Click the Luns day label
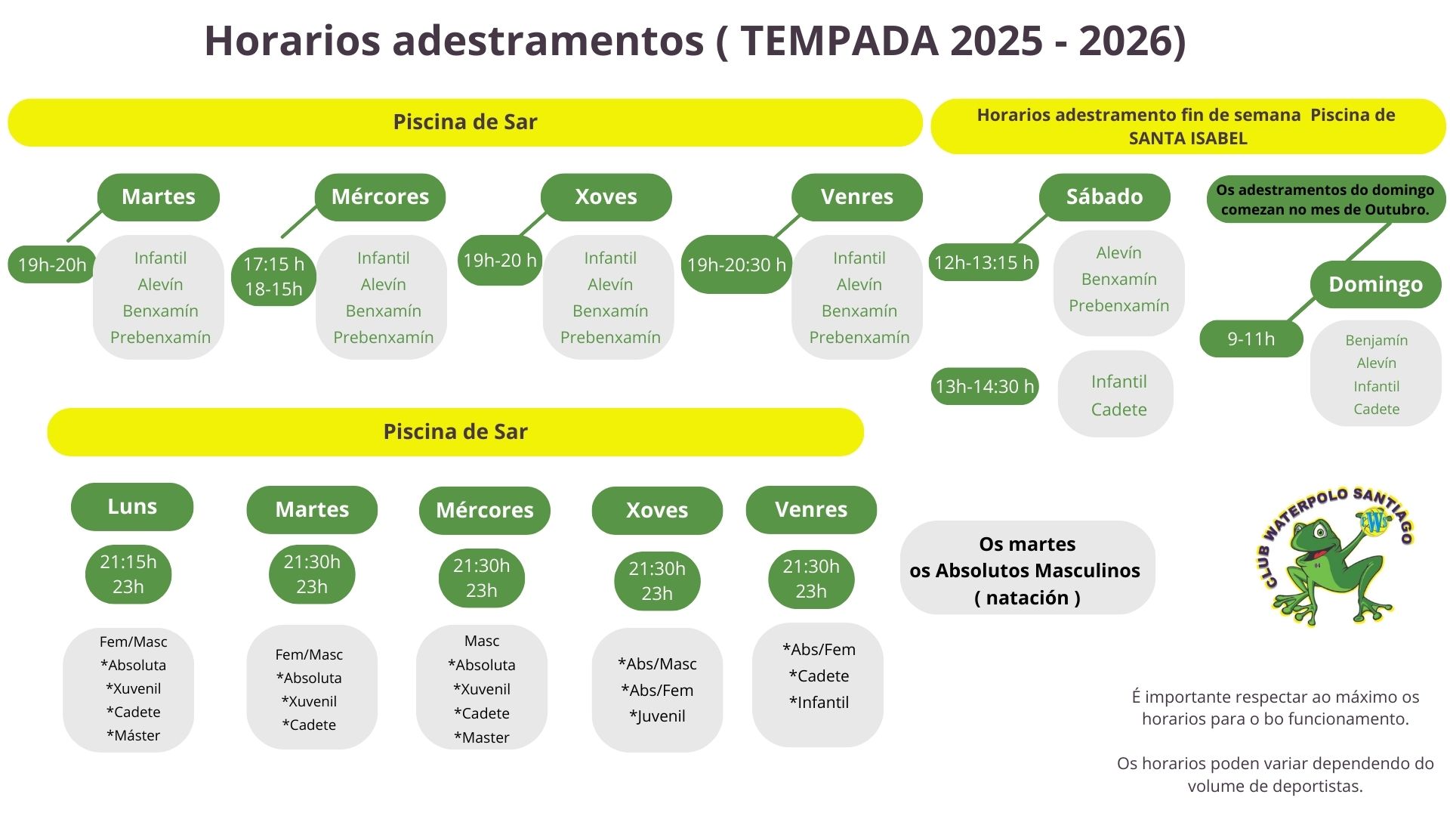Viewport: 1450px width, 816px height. click(132, 506)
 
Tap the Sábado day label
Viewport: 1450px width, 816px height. click(1104, 197)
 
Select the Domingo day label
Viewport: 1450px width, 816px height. click(1375, 284)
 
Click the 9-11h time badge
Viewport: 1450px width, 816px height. click(1251, 338)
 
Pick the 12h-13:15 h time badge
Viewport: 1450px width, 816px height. click(983, 262)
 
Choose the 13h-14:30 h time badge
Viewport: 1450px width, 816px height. click(984, 386)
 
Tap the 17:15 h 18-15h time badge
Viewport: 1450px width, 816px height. click(273, 277)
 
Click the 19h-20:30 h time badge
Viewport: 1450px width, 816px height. click(736, 264)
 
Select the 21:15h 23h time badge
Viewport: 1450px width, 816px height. click(128, 574)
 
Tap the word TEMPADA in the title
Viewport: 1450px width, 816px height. click(839, 40)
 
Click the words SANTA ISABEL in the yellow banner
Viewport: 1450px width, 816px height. click(1188, 138)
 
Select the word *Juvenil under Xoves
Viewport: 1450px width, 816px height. click(657, 716)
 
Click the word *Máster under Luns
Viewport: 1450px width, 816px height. click(133, 735)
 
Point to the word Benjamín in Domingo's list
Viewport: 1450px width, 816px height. click(1376, 341)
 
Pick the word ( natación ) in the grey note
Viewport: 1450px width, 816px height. click(1027, 598)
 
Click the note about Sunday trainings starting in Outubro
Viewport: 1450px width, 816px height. click(1325, 199)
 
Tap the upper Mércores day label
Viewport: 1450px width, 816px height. click(380, 197)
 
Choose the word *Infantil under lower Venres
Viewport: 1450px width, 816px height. click(819, 703)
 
